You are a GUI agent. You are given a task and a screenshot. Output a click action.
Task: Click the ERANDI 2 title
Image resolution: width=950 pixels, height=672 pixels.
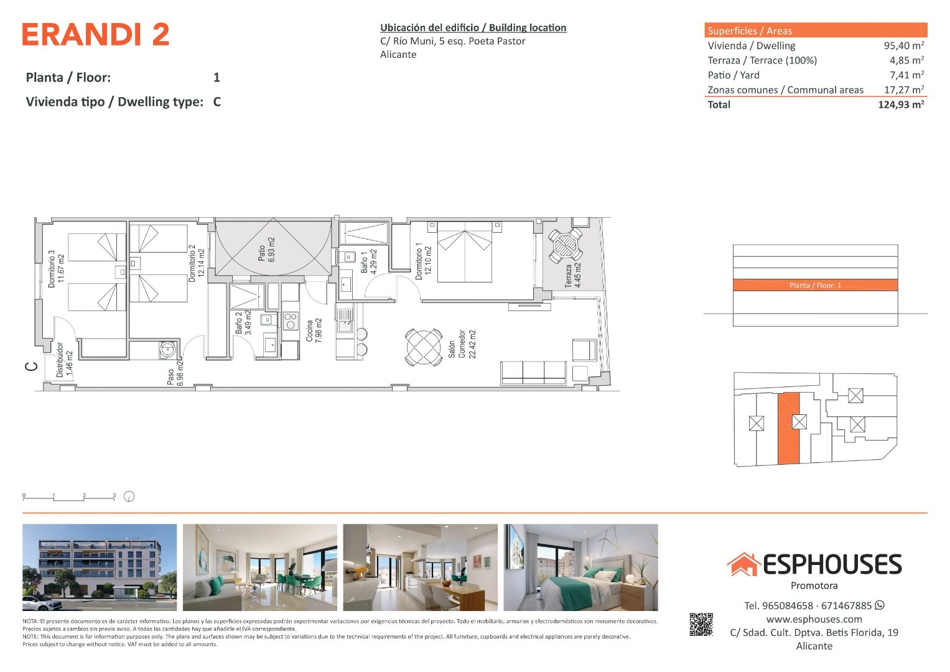point(96,34)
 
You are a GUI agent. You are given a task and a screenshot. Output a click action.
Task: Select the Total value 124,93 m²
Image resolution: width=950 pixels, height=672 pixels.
point(901,105)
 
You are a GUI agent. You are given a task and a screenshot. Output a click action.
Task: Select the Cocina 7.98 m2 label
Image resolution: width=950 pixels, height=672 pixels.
point(314,331)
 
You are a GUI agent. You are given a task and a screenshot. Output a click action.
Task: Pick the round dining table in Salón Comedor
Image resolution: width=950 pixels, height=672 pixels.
point(423,347)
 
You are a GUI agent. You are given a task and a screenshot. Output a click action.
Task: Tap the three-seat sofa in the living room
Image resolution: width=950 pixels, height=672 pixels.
point(533,373)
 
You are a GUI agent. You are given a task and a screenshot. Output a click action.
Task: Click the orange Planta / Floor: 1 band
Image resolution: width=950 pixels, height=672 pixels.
point(815,285)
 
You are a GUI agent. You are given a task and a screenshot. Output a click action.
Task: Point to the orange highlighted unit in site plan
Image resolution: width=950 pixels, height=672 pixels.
point(788,429)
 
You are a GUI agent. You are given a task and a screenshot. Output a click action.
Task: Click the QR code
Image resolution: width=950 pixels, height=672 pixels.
point(701,625)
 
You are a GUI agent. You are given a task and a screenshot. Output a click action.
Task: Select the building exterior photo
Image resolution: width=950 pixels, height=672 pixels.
point(100,567)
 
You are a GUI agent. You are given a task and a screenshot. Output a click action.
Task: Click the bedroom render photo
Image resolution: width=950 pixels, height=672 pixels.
point(580,567)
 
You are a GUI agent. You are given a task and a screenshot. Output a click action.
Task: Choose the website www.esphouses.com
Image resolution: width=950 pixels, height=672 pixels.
point(814,619)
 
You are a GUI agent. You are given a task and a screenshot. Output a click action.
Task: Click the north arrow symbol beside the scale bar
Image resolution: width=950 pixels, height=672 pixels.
point(129,496)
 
